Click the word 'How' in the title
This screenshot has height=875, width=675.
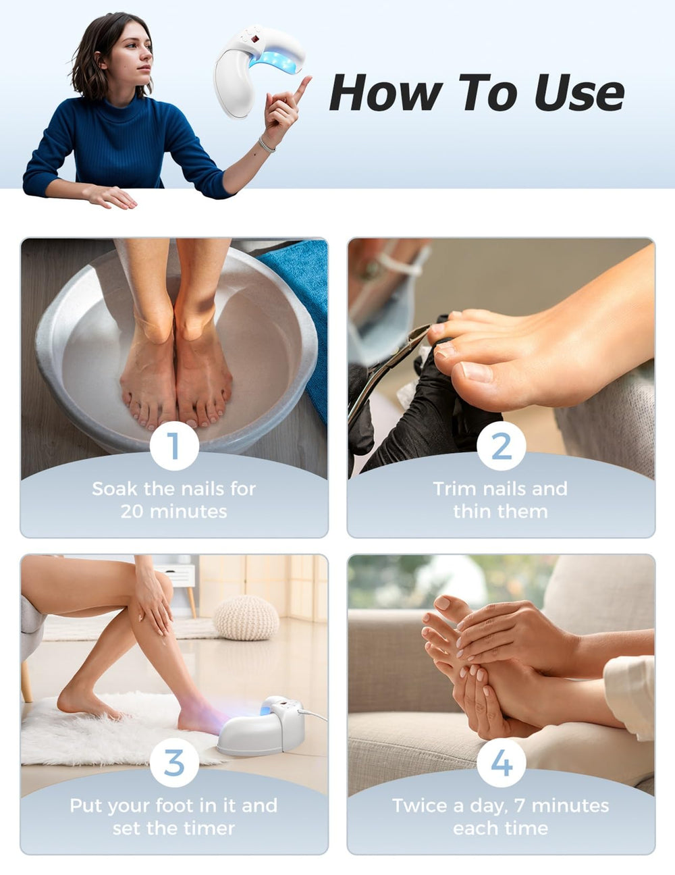pos(386,92)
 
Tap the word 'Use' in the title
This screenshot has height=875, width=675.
pos(579,92)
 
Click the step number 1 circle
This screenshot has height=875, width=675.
pos(174,446)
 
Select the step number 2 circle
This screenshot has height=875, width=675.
pos(501,446)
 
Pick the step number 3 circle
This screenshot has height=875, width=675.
pos(174,763)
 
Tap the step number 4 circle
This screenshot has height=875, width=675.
pos(501,763)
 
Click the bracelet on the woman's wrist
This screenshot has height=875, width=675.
pos(267,145)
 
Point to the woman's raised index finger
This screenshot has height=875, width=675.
pos(302,88)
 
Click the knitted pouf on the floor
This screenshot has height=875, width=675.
pos(246,618)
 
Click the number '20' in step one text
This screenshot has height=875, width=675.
pos(132,512)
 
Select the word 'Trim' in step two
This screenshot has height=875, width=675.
pos(455,489)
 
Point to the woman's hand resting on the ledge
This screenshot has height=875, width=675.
pos(111,196)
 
